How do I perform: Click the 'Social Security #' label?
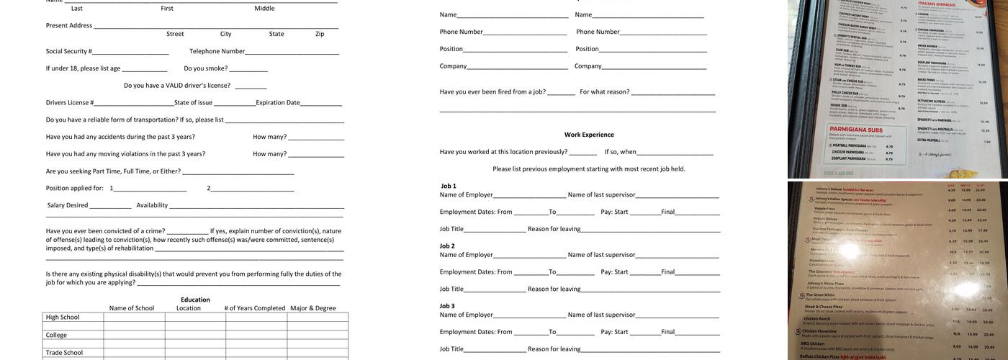tap(68, 51)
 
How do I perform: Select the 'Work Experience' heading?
tap(589, 135)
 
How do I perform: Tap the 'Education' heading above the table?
tap(195, 300)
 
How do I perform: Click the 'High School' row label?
tap(63, 318)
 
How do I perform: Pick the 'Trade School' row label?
tap(64, 353)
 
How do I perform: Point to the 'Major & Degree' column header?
tap(312, 308)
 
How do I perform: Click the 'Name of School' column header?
tap(132, 308)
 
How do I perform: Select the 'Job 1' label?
tap(449, 186)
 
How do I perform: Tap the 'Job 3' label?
tap(449, 306)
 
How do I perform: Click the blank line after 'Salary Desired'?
tap(110, 206)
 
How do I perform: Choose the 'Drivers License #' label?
tap(70, 102)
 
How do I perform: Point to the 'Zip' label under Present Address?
tap(320, 34)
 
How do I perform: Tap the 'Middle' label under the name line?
tap(264, 9)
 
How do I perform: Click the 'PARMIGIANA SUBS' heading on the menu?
tap(856, 129)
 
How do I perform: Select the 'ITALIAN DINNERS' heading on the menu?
tap(937, 5)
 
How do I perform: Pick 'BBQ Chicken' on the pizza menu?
tap(817, 343)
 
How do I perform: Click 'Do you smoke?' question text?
tap(206, 68)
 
